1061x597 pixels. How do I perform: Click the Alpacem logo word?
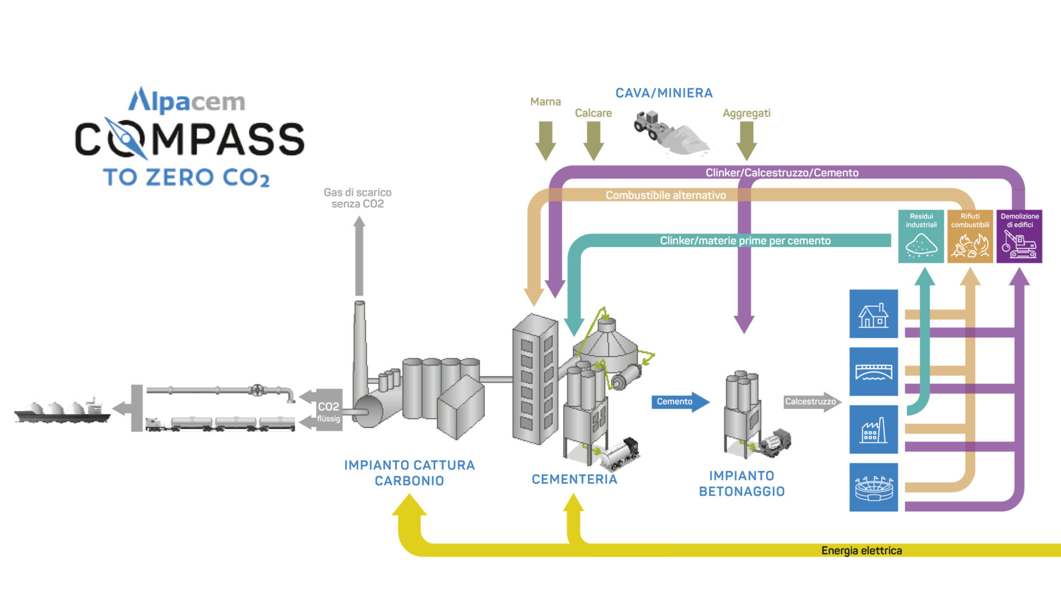click(187, 101)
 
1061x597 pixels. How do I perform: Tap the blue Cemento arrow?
click(679, 402)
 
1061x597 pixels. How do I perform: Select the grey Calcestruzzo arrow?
click(811, 402)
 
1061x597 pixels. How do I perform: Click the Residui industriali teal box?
click(921, 236)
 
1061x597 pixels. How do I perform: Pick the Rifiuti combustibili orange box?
click(970, 236)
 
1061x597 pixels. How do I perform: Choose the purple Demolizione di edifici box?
click(1019, 236)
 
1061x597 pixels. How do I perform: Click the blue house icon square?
click(873, 313)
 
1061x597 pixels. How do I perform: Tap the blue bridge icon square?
click(873, 371)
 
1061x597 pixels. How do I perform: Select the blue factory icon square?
click(873, 430)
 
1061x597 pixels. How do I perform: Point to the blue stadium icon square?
click(873, 487)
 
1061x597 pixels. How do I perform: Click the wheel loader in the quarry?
click(652, 126)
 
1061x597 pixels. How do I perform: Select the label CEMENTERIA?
click(574, 479)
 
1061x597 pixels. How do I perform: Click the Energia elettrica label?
click(861, 551)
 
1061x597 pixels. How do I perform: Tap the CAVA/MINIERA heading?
click(664, 93)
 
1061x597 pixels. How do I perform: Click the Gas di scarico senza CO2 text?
click(358, 198)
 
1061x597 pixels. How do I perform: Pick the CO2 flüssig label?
click(328, 412)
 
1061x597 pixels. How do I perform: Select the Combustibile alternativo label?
click(665, 195)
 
